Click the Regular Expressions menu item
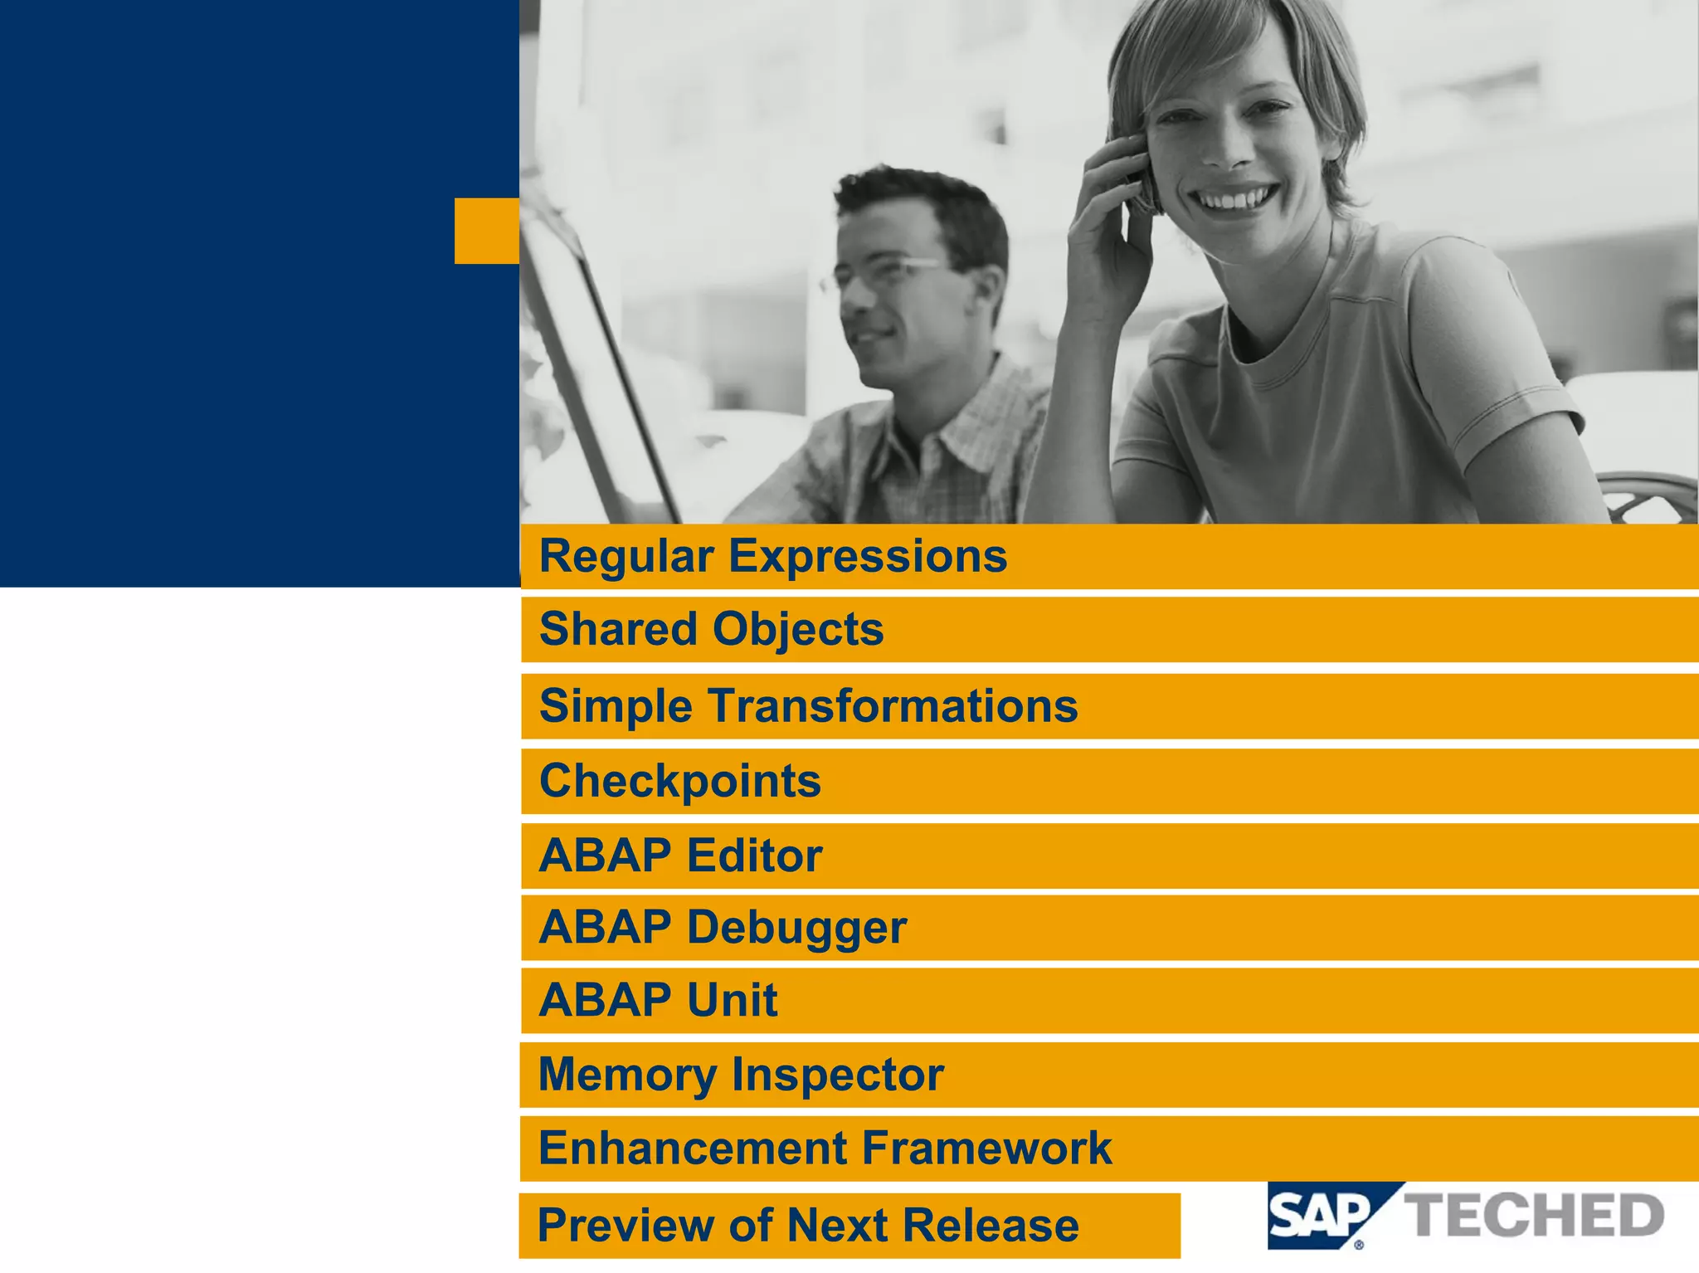(773, 556)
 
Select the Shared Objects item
(712, 629)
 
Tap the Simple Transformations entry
(808, 706)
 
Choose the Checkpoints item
(680, 781)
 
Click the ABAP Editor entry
(680, 856)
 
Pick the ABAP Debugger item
(723, 927)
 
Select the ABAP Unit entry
(658, 1000)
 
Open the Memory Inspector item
(741, 1075)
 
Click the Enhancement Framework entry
(825, 1149)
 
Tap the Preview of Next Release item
(808, 1225)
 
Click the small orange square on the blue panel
(487, 231)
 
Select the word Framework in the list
(987, 1149)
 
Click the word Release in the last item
(991, 1225)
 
